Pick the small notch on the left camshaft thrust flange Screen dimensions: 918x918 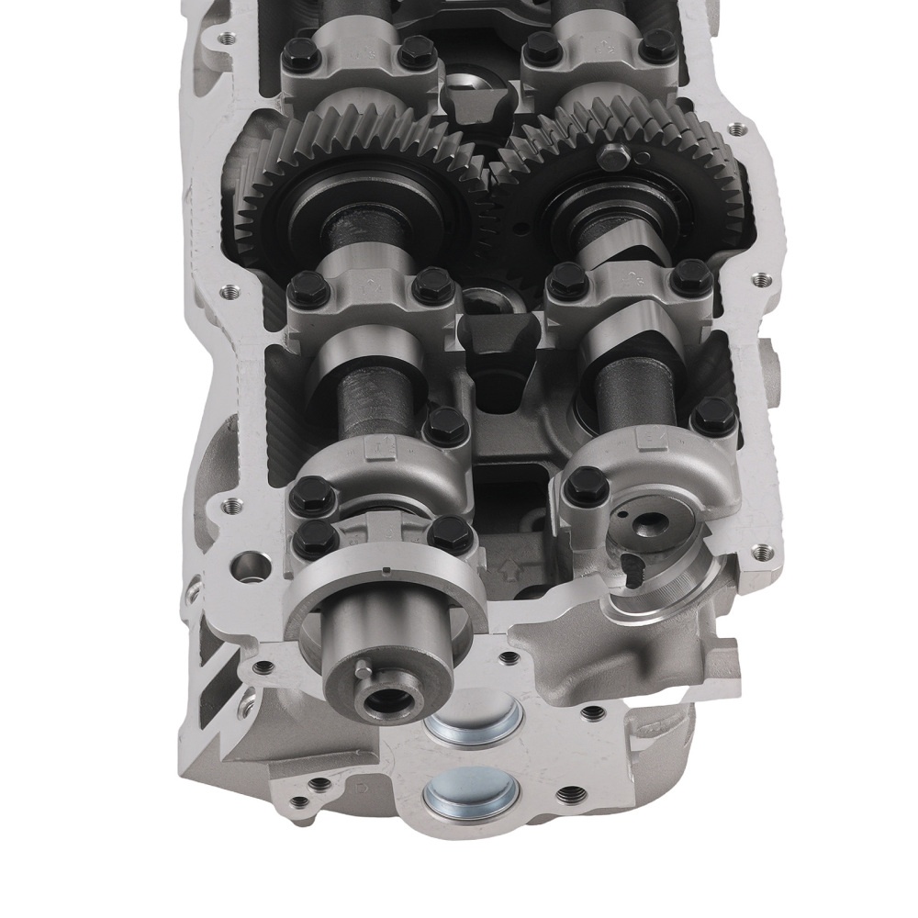click(386, 575)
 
